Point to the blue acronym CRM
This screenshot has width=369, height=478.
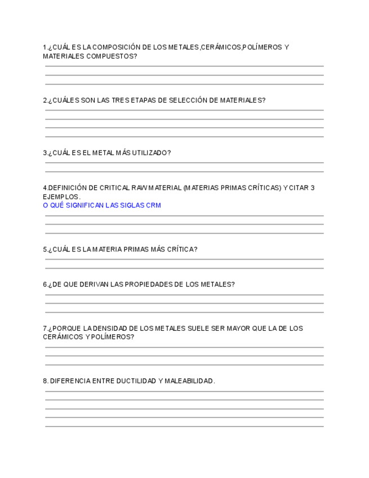(x=153, y=205)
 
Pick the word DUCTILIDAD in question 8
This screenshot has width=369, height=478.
(x=136, y=381)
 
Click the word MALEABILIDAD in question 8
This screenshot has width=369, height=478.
(x=189, y=381)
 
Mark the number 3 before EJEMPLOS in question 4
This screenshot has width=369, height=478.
(x=313, y=188)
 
